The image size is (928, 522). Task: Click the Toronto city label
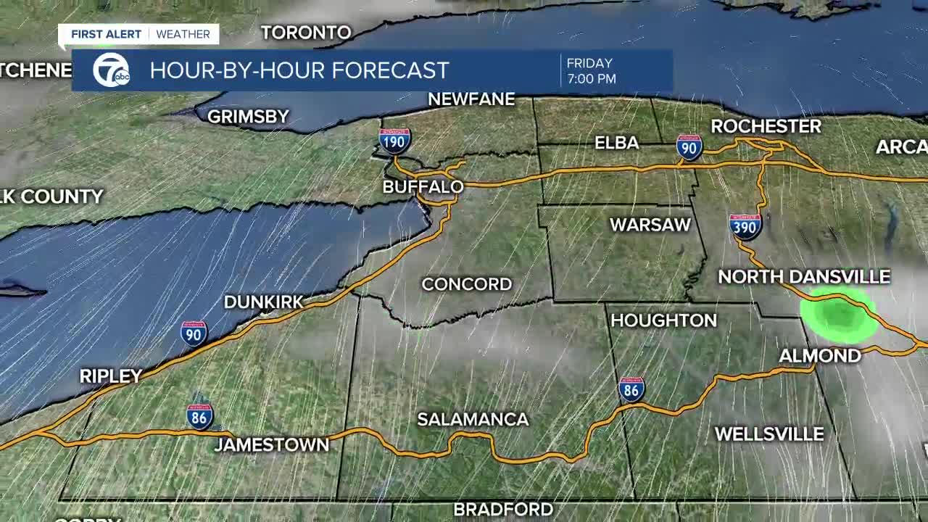306,33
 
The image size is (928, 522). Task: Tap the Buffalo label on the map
423,187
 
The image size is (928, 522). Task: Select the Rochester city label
766,126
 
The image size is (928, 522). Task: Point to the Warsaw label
650,225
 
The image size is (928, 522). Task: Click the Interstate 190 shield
394,141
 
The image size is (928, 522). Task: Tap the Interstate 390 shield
745,227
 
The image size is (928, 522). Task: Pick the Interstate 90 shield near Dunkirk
194,333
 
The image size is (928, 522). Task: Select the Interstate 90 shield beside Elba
689,147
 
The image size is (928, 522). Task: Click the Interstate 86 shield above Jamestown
199,416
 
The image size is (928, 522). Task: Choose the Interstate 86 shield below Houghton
631,390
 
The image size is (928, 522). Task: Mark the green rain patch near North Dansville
839,315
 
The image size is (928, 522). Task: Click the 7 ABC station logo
111,70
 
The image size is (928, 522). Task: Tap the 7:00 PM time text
592,78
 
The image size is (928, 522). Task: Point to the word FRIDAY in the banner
589,63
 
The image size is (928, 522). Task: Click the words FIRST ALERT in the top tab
106,34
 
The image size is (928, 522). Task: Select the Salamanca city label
473,419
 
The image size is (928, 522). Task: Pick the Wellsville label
769,434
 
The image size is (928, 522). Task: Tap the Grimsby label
248,117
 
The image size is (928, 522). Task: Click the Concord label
466,284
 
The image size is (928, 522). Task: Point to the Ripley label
110,376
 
